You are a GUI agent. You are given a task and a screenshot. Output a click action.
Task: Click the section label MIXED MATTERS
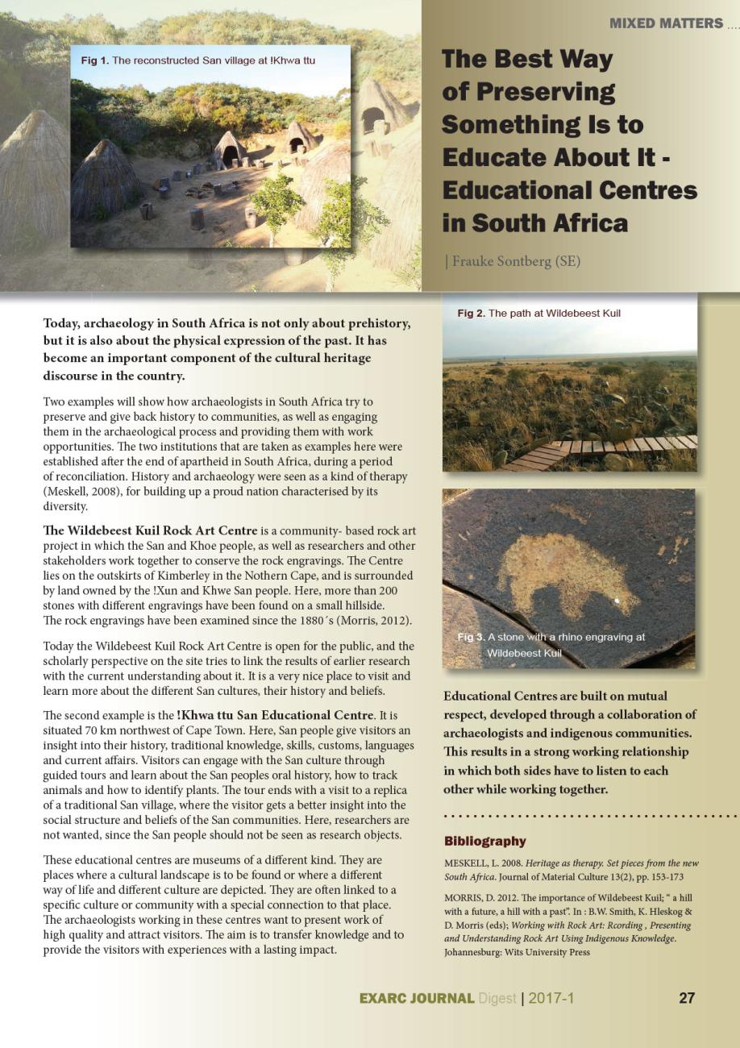click(x=666, y=23)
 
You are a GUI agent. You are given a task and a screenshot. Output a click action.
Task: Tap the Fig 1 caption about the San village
click(x=198, y=60)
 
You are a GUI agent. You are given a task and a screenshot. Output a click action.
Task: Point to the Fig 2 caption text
click(x=538, y=313)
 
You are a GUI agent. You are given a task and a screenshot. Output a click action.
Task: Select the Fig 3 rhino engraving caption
click(x=551, y=644)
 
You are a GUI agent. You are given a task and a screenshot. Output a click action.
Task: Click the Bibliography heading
click(x=484, y=841)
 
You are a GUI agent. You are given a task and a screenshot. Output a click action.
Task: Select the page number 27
click(x=686, y=998)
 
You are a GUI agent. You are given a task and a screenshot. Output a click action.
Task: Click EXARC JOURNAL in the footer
click(x=416, y=998)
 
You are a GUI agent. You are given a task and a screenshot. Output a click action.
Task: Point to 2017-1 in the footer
click(x=551, y=998)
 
